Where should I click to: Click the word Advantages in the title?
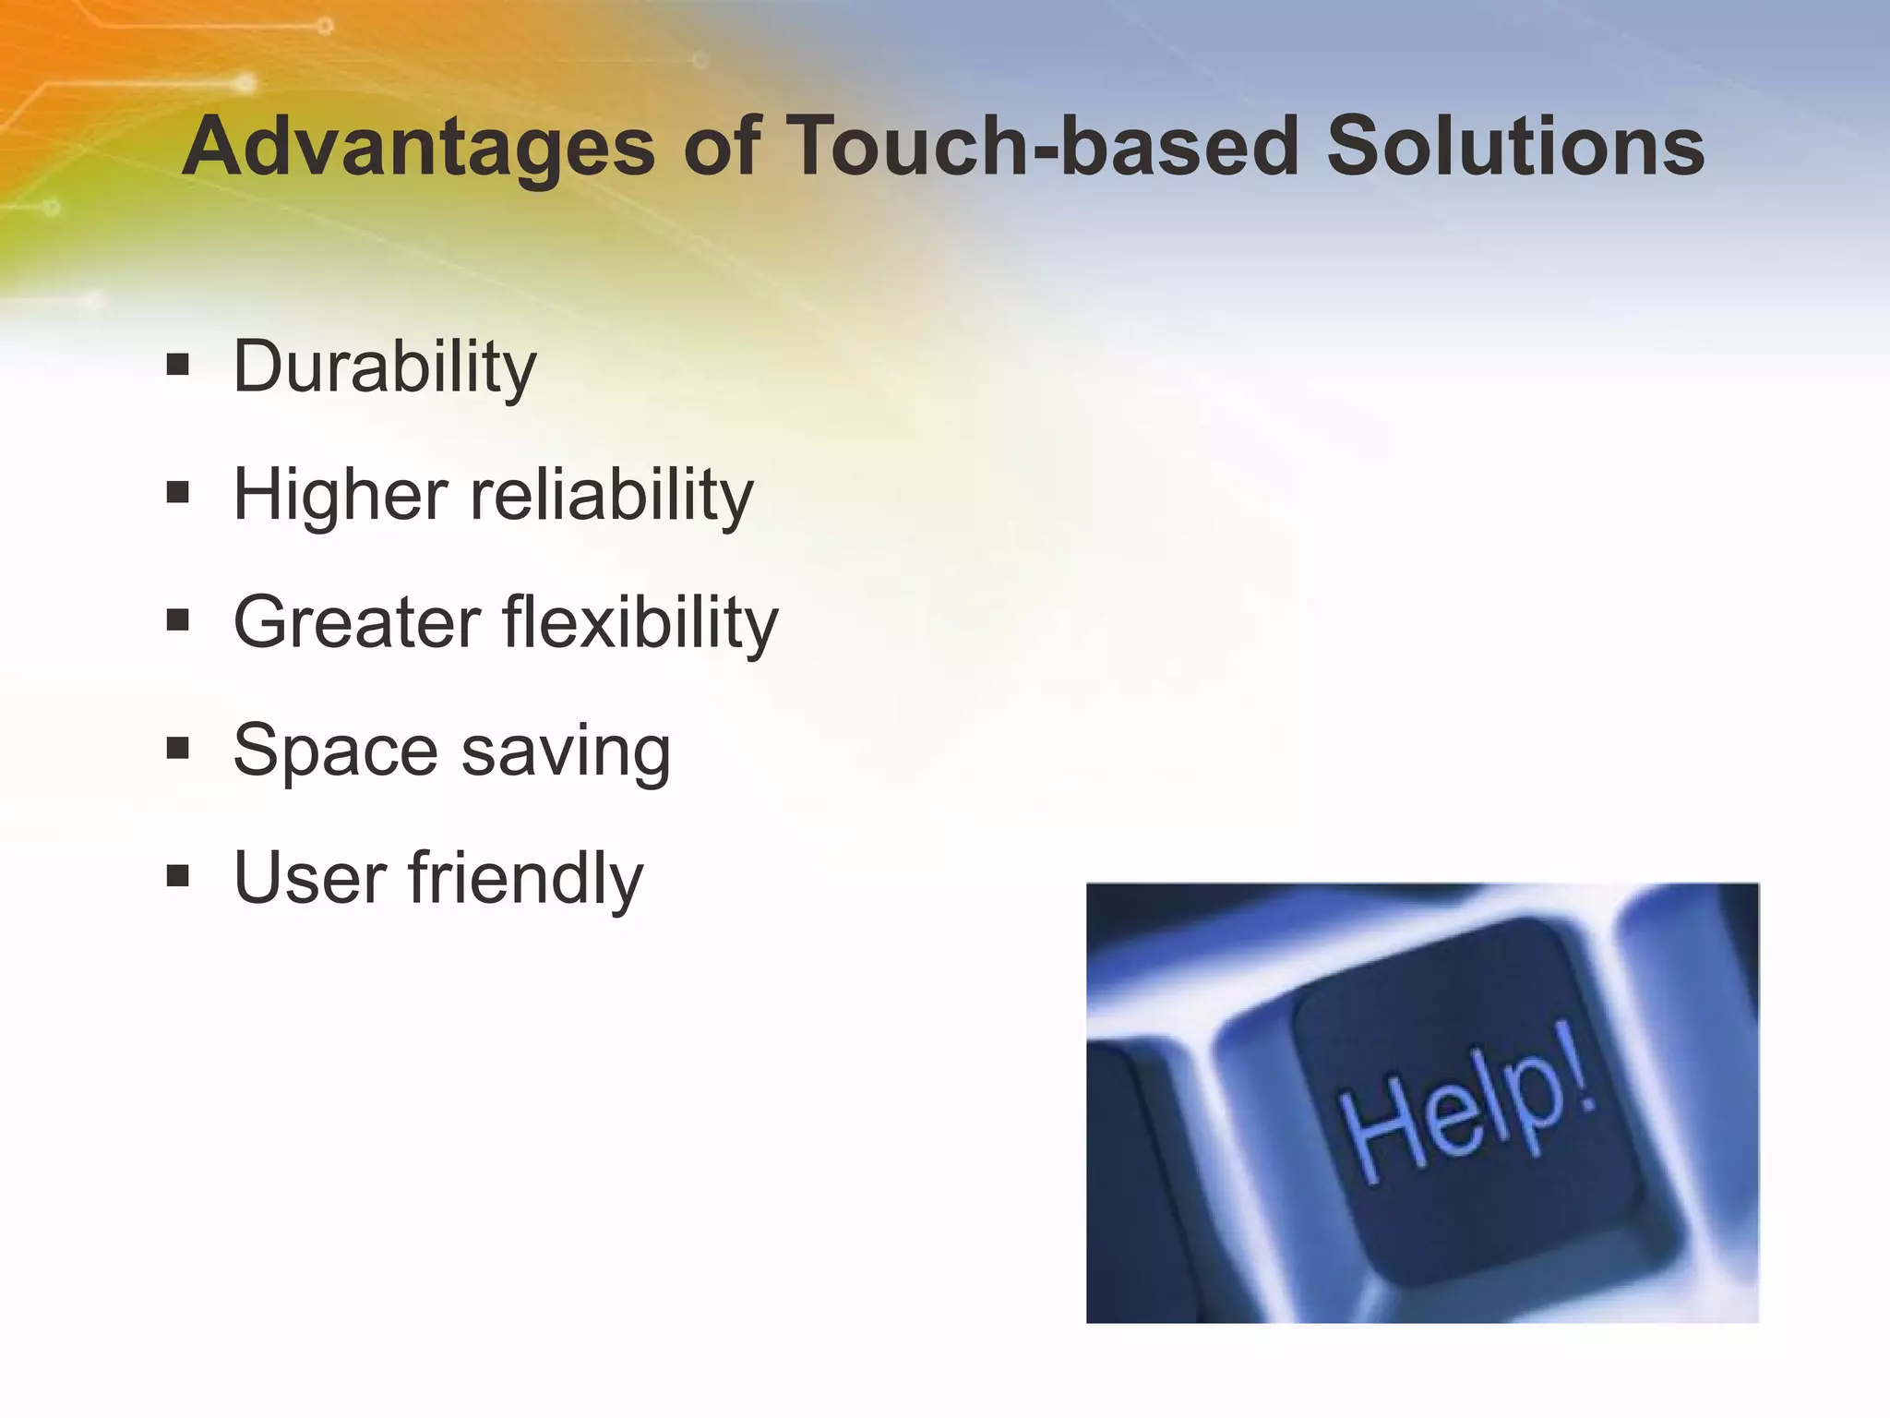[418, 148]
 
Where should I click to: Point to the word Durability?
[384, 367]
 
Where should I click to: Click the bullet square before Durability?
[178, 366]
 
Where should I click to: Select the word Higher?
[341, 496]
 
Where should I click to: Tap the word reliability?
[612, 496]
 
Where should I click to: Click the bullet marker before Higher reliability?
[178, 493]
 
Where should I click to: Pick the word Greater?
[357, 622]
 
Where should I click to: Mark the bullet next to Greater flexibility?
[178, 620]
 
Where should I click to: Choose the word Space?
[335, 751]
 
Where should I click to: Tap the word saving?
[566, 751]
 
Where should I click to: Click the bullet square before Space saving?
[178, 748]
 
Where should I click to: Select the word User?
[310, 877]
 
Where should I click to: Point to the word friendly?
[526, 877]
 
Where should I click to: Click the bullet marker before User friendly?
[178, 875]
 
